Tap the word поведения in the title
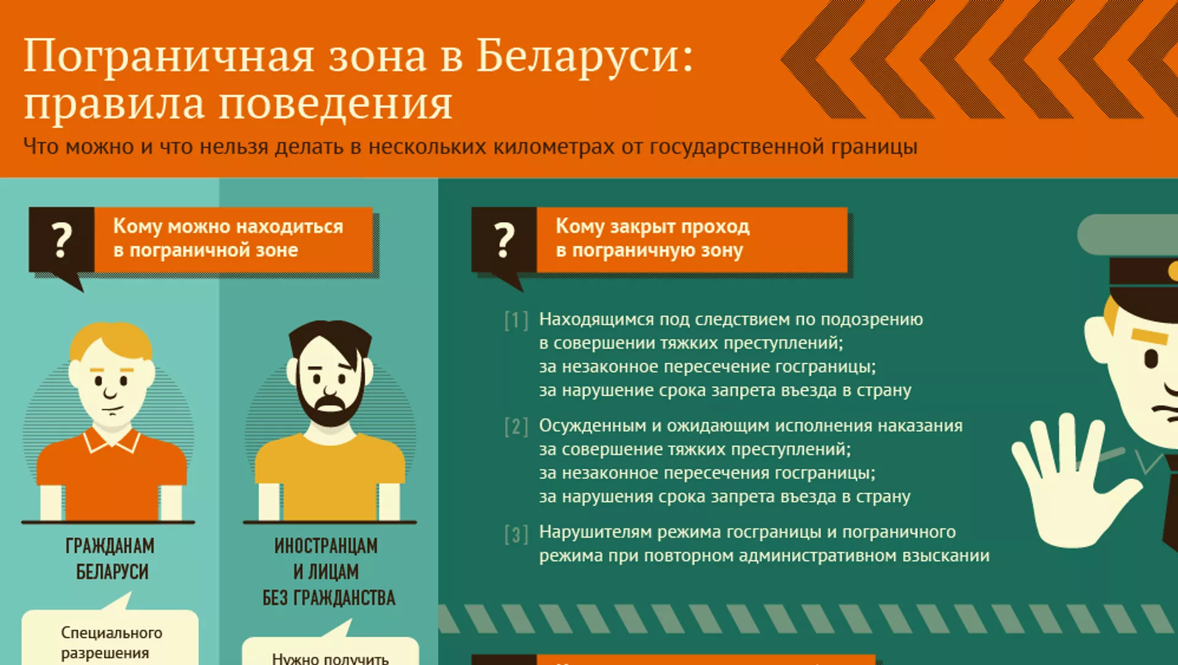[x=336, y=104]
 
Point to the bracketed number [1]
[x=516, y=321]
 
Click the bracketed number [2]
[x=516, y=427]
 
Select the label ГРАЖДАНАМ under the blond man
[x=110, y=545]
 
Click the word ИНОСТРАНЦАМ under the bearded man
[x=326, y=545]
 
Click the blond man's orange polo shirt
[x=112, y=473]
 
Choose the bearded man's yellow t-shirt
[x=330, y=476]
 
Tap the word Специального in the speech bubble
[x=112, y=632]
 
